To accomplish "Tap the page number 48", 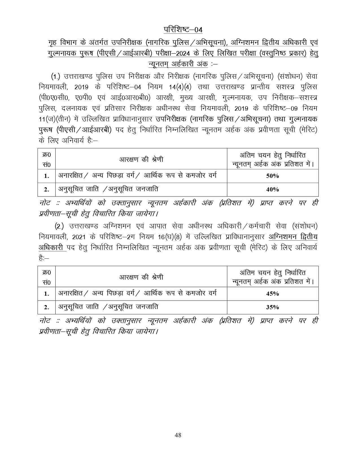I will coord(178,435).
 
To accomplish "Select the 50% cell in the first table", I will coord(272,176).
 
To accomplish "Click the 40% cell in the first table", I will coord(272,190).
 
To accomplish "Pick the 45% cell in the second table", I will coord(272,294).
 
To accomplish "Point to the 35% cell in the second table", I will coord(272,307).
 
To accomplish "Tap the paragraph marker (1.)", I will coord(56,77).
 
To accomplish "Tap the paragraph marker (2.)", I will coord(59,227).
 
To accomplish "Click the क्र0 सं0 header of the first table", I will coord(47,160).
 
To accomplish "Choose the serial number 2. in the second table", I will coord(47,307).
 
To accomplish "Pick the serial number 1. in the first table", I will coord(47,176).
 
